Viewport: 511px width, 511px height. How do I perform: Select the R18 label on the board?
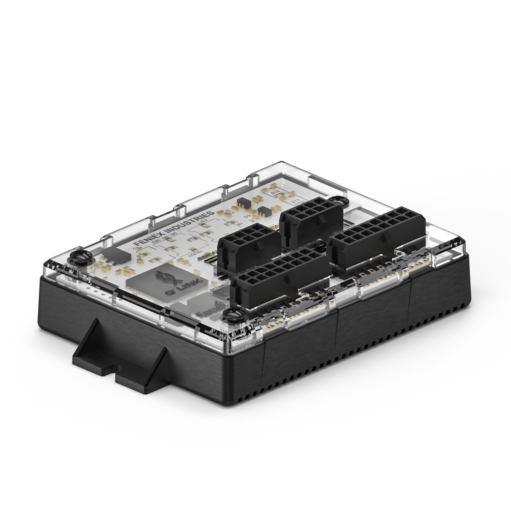pos(276,193)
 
